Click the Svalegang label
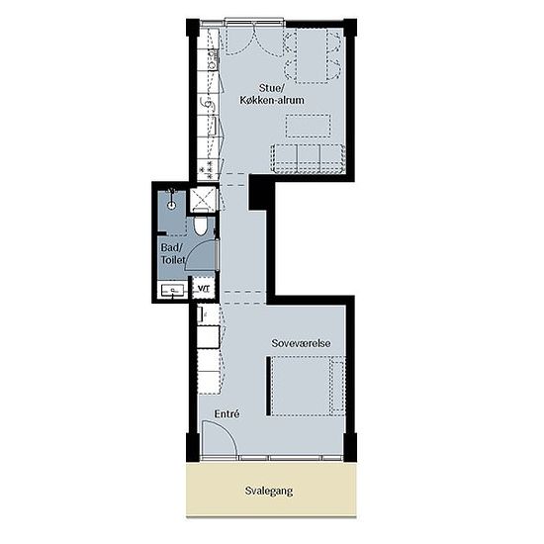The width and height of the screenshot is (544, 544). (x=269, y=491)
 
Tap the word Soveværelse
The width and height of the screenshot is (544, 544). (x=301, y=343)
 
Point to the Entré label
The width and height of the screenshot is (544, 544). (x=227, y=413)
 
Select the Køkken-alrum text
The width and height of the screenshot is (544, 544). (x=272, y=100)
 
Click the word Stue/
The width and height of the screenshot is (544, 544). (x=272, y=88)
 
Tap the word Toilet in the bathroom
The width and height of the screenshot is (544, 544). (x=173, y=259)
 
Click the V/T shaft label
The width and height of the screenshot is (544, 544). (x=204, y=288)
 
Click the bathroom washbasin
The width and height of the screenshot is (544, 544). (x=172, y=290)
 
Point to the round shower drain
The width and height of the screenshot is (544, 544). (x=171, y=206)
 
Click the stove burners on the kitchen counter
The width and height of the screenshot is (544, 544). (x=207, y=169)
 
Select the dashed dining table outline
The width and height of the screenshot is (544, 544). (x=312, y=56)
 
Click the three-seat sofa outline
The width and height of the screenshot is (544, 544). (x=308, y=159)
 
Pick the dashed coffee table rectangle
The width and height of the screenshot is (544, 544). (x=308, y=126)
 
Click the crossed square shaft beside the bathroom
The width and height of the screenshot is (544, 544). (x=203, y=199)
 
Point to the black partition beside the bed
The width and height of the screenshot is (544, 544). (x=268, y=386)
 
